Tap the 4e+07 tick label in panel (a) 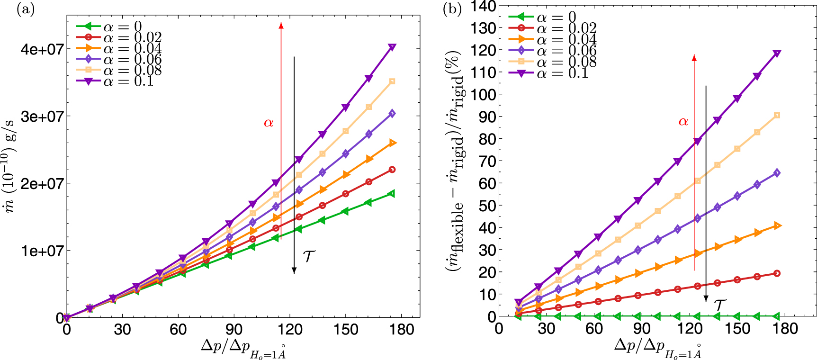click(x=42, y=49)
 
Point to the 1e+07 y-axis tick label click(x=42, y=251)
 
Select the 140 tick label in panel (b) click(x=483, y=6)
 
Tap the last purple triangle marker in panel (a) click(x=392, y=47)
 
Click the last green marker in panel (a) click(x=392, y=193)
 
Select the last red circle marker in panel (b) click(x=777, y=273)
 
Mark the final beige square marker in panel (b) click(x=777, y=116)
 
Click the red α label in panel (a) click(x=269, y=123)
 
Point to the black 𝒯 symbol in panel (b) click(x=719, y=305)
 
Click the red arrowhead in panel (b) click(x=694, y=58)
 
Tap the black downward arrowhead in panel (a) click(x=294, y=270)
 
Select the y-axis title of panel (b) click(x=455, y=161)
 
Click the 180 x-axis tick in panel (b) click(x=785, y=329)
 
